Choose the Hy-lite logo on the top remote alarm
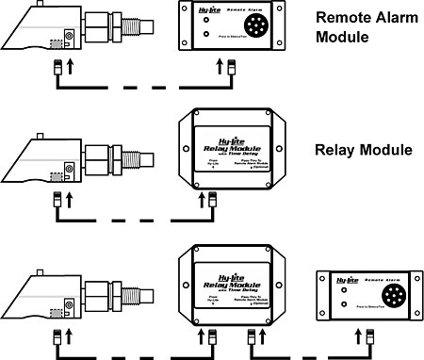point(198,12)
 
